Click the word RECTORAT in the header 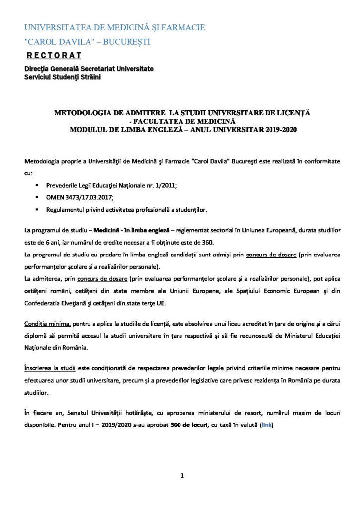(54, 55)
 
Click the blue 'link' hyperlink (267, 425)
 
